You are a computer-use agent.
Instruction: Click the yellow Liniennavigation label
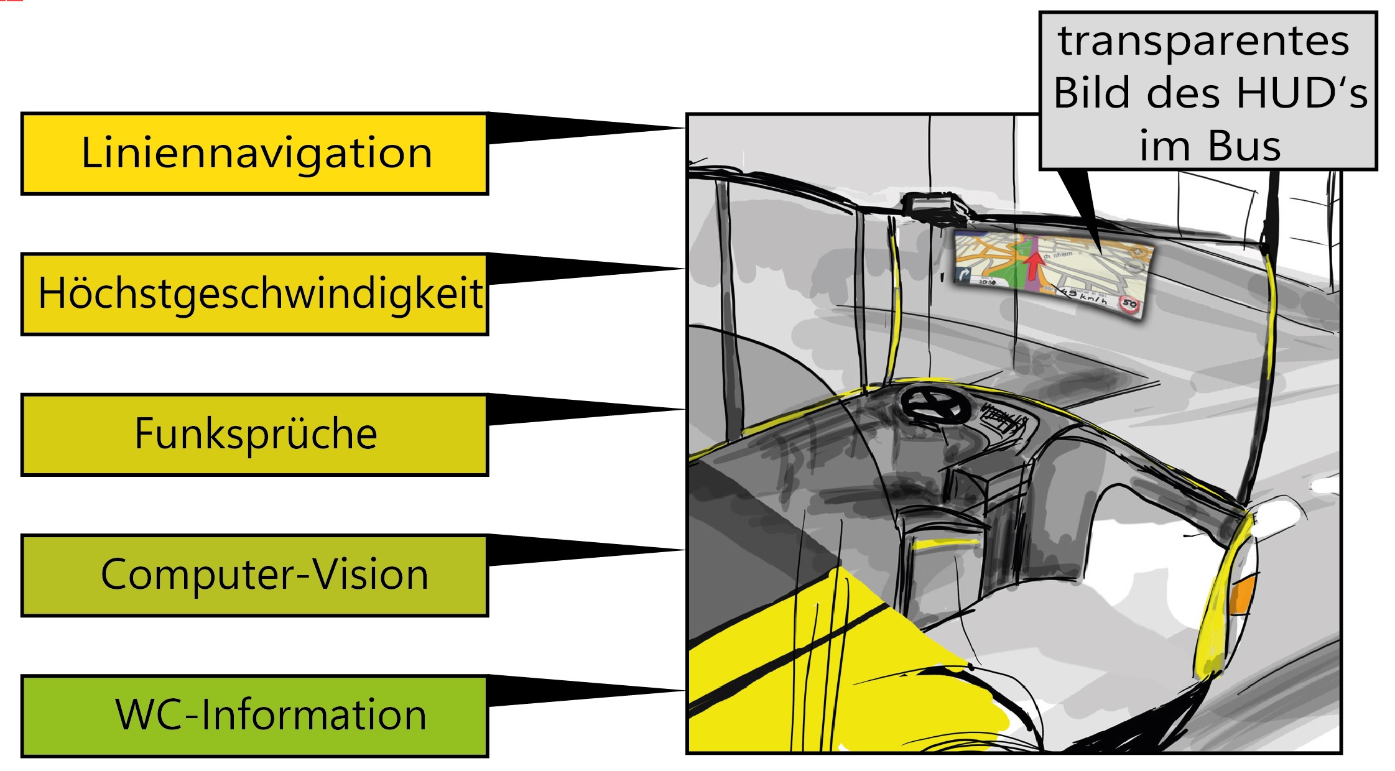click(254, 154)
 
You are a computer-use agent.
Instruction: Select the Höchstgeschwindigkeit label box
click(254, 294)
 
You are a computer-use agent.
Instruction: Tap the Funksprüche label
click(254, 435)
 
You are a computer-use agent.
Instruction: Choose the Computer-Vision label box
click(254, 575)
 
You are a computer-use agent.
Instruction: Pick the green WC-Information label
click(254, 716)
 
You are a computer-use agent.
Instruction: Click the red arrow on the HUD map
click(1033, 264)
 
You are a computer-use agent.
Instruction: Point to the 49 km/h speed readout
click(1085, 296)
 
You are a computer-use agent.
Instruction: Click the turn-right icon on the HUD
click(965, 274)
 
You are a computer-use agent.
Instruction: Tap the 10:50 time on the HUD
click(988, 282)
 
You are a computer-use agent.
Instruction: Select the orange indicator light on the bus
click(1241, 594)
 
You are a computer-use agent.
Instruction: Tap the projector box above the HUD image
click(931, 206)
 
